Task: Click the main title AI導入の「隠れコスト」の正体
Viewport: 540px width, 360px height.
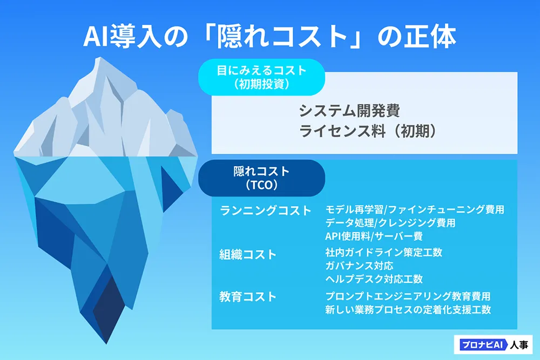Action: point(269,36)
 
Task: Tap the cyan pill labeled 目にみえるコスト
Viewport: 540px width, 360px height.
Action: point(262,77)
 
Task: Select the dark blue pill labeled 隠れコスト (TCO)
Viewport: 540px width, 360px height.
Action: point(262,178)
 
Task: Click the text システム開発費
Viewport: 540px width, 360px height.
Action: point(349,111)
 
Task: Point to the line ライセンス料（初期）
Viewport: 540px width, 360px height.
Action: point(368,131)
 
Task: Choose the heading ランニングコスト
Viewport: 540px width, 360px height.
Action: point(265,210)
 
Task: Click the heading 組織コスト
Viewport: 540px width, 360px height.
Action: point(248,255)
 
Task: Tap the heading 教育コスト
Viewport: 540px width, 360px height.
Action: point(248,297)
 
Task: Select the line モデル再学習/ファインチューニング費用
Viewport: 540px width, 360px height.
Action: point(415,209)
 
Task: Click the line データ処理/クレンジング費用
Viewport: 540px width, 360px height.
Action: point(390,223)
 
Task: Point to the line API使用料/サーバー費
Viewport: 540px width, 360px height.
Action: point(374,236)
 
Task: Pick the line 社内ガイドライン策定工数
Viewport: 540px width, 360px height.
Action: point(383,253)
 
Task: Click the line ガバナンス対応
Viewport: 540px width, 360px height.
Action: point(359,266)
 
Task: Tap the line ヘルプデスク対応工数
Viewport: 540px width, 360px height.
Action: point(374,279)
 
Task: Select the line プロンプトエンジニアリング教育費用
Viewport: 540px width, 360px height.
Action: point(408,296)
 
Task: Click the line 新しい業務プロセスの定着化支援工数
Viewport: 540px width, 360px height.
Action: point(408,310)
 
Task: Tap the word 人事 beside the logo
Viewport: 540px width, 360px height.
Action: point(519,345)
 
